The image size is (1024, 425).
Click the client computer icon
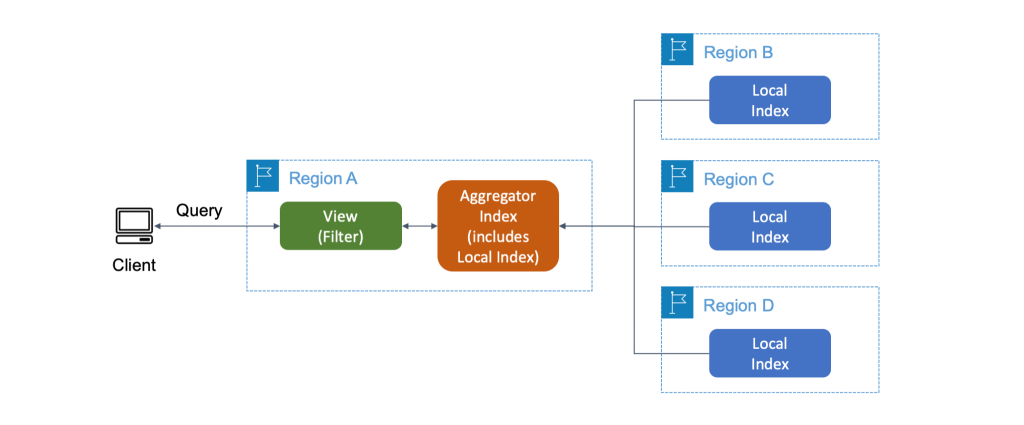pyautogui.click(x=134, y=226)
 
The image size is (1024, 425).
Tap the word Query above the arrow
pyautogui.click(x=199, y=210)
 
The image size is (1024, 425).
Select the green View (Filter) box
pyautogui.click(x=340, y=226)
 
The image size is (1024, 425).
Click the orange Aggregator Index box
pyautogui.click(x=497, y=226)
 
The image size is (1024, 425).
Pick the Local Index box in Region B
pyautogui.click(x=769, y=100)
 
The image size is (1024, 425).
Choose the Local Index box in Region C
pyautogui.click(x=769, y=227)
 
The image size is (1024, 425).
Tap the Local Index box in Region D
pyautogui.click(x=769, y=353)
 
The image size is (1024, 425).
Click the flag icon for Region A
pyautogui.click(x=262, y=176)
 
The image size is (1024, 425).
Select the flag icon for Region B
pyautogui.click(x=677, y=50)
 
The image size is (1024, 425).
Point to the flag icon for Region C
pyautogui.click(x=677, y=177)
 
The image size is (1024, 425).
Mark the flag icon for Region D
pyautogui.click(x=677, y=303)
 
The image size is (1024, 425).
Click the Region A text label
pyautogui.click(x=322, y=179)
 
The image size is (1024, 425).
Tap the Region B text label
pyautogui.click(x=738, y=53)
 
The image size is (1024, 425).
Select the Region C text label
pyautogui.click(x=738, y=180)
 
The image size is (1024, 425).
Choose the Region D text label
pyautogui.click(x=738, y=306)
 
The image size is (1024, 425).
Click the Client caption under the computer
pyautogui.click(x=134, y=266)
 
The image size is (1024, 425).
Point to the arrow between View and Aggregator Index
pyautogui.click(x=419, y=227)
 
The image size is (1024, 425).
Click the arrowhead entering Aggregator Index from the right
pyautogui.click(x=564, y=227)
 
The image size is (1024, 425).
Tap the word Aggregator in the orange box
pyautogui.click(x=497, y=197)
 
